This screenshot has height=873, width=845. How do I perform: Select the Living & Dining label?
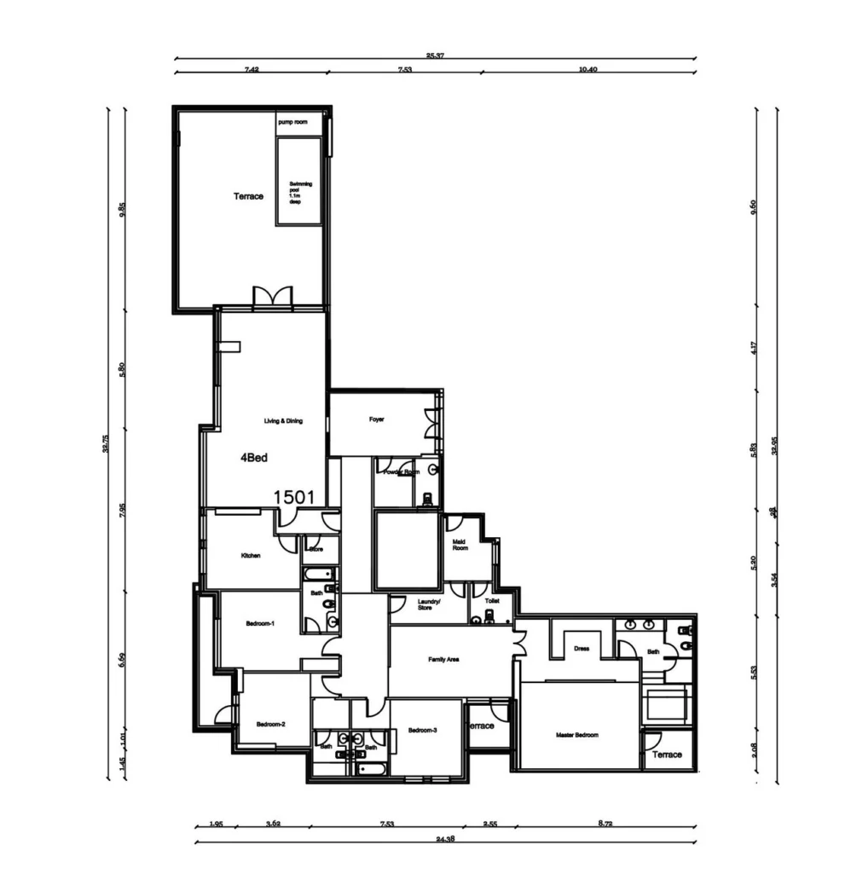click(283, 421)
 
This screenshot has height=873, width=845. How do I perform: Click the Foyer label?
click(377, 419)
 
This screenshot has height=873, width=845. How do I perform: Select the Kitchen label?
click(250, 556)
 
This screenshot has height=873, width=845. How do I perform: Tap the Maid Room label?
click(460, 545)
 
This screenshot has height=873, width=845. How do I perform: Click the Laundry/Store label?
click(429, 604)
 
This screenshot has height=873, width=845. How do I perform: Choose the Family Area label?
click(443, 659)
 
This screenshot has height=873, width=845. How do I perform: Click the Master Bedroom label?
click(577, 735)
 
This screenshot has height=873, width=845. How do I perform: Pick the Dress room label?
click(582, 649)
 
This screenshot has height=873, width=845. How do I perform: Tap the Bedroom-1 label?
click(259, 624)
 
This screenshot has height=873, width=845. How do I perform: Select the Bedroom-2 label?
click(270, 725)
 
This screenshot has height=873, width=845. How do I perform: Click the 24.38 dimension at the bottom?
click(444, 840)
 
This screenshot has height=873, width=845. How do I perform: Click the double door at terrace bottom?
click(273, 297)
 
